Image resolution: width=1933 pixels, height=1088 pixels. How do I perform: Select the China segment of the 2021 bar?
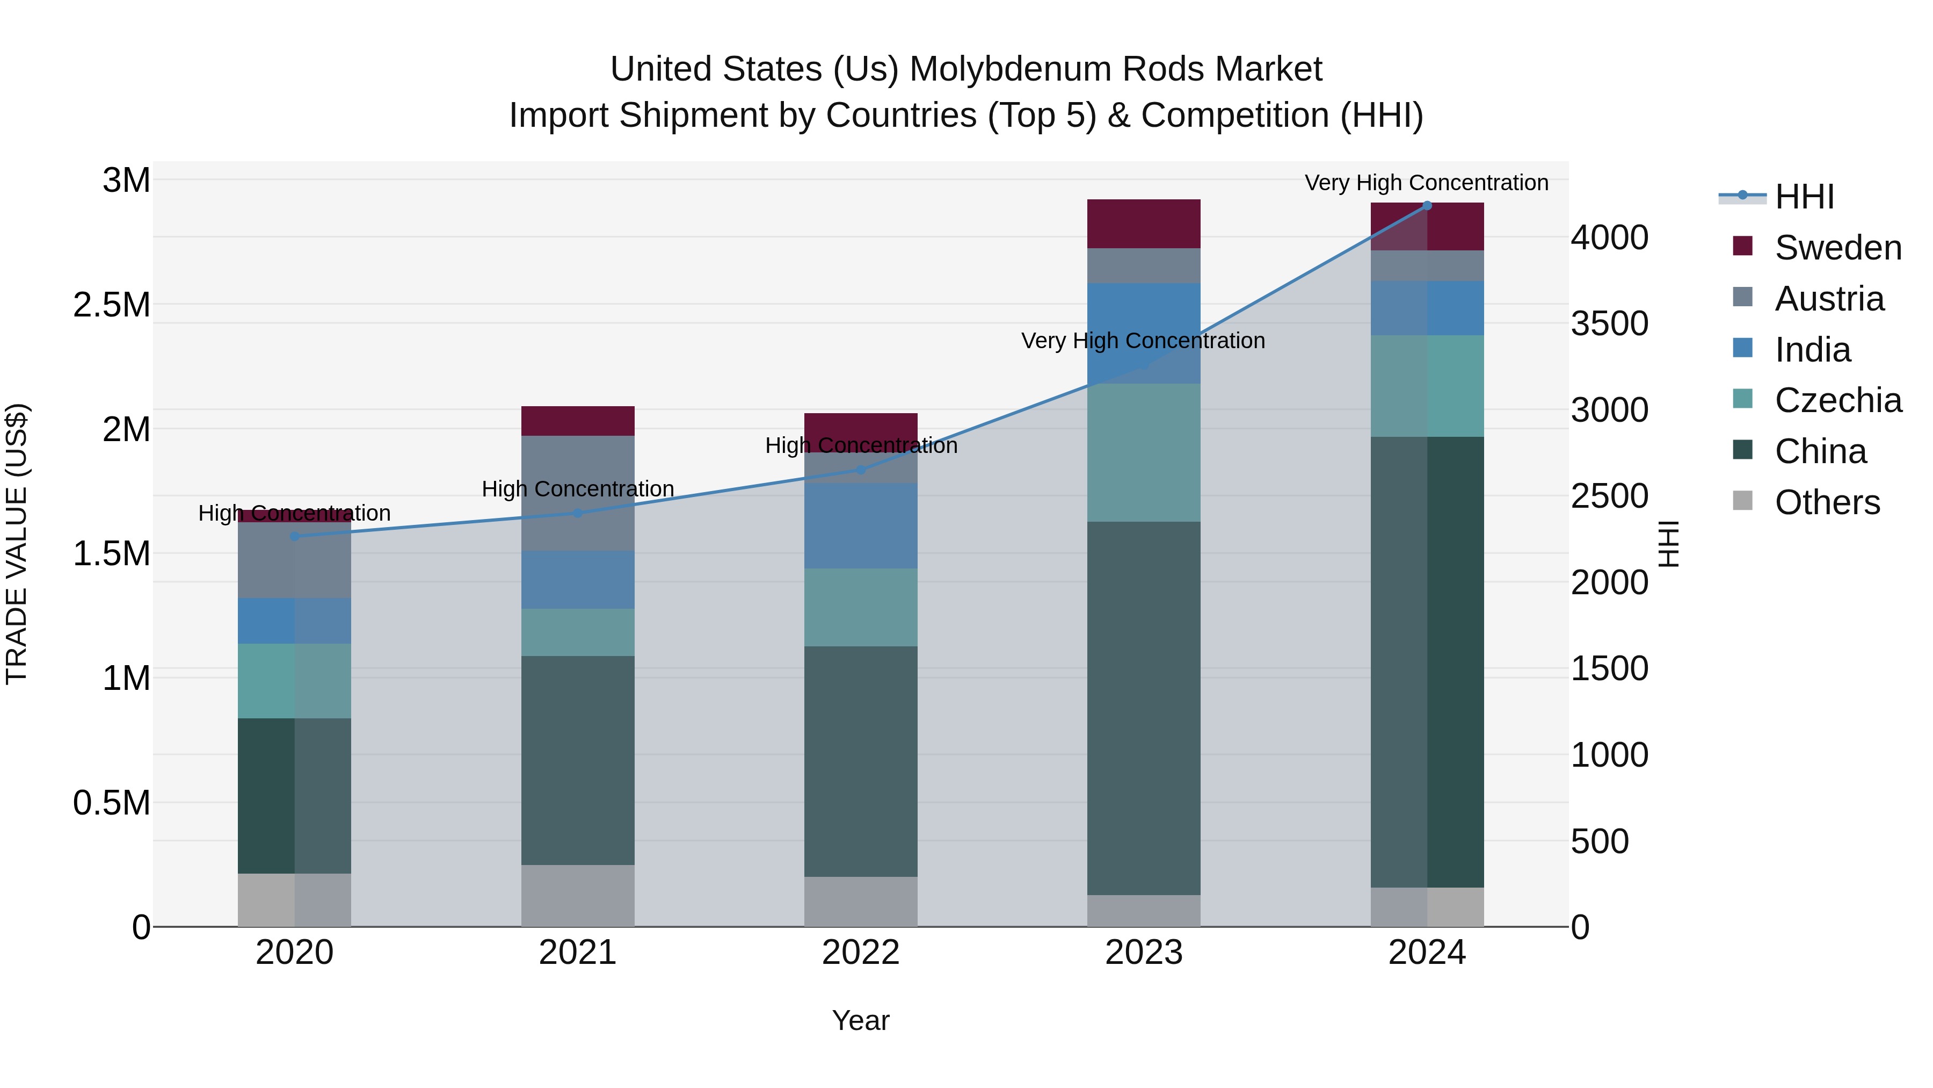click(x=578, y=760)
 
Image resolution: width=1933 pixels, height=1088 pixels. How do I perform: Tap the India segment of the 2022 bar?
click(x=861, y=525)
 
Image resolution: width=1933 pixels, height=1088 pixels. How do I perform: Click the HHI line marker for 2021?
click(x=578, y=513)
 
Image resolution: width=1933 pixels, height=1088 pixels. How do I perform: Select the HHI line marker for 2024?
click(x=1427, y=206)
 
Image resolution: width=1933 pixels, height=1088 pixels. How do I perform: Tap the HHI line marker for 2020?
click(x=294, y=536)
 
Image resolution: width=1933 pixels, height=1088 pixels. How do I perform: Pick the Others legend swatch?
click(x=1742, y=501)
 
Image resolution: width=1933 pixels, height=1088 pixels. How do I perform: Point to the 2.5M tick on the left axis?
click(x=111, y=305)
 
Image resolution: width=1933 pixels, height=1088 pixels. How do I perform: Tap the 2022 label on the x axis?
click(x=861, y=953)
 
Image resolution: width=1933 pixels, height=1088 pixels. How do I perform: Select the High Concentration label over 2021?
click(x=578, y=489)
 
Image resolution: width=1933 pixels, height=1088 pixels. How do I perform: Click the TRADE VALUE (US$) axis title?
click(x=17, y=544)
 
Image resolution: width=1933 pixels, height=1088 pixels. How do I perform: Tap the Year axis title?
click(x=861, y=1020)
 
